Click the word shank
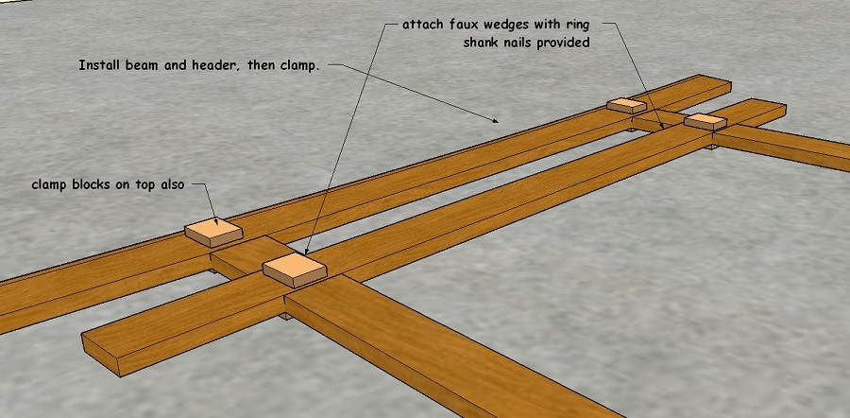click(484, 43)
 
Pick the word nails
click(527, 43)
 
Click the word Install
click(104, 66)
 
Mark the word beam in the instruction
click(151, 66)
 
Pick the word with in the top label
click(560, 26)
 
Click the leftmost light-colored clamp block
click(214, 232)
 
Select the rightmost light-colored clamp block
click(705, 121)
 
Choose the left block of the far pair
click(626, 105)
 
